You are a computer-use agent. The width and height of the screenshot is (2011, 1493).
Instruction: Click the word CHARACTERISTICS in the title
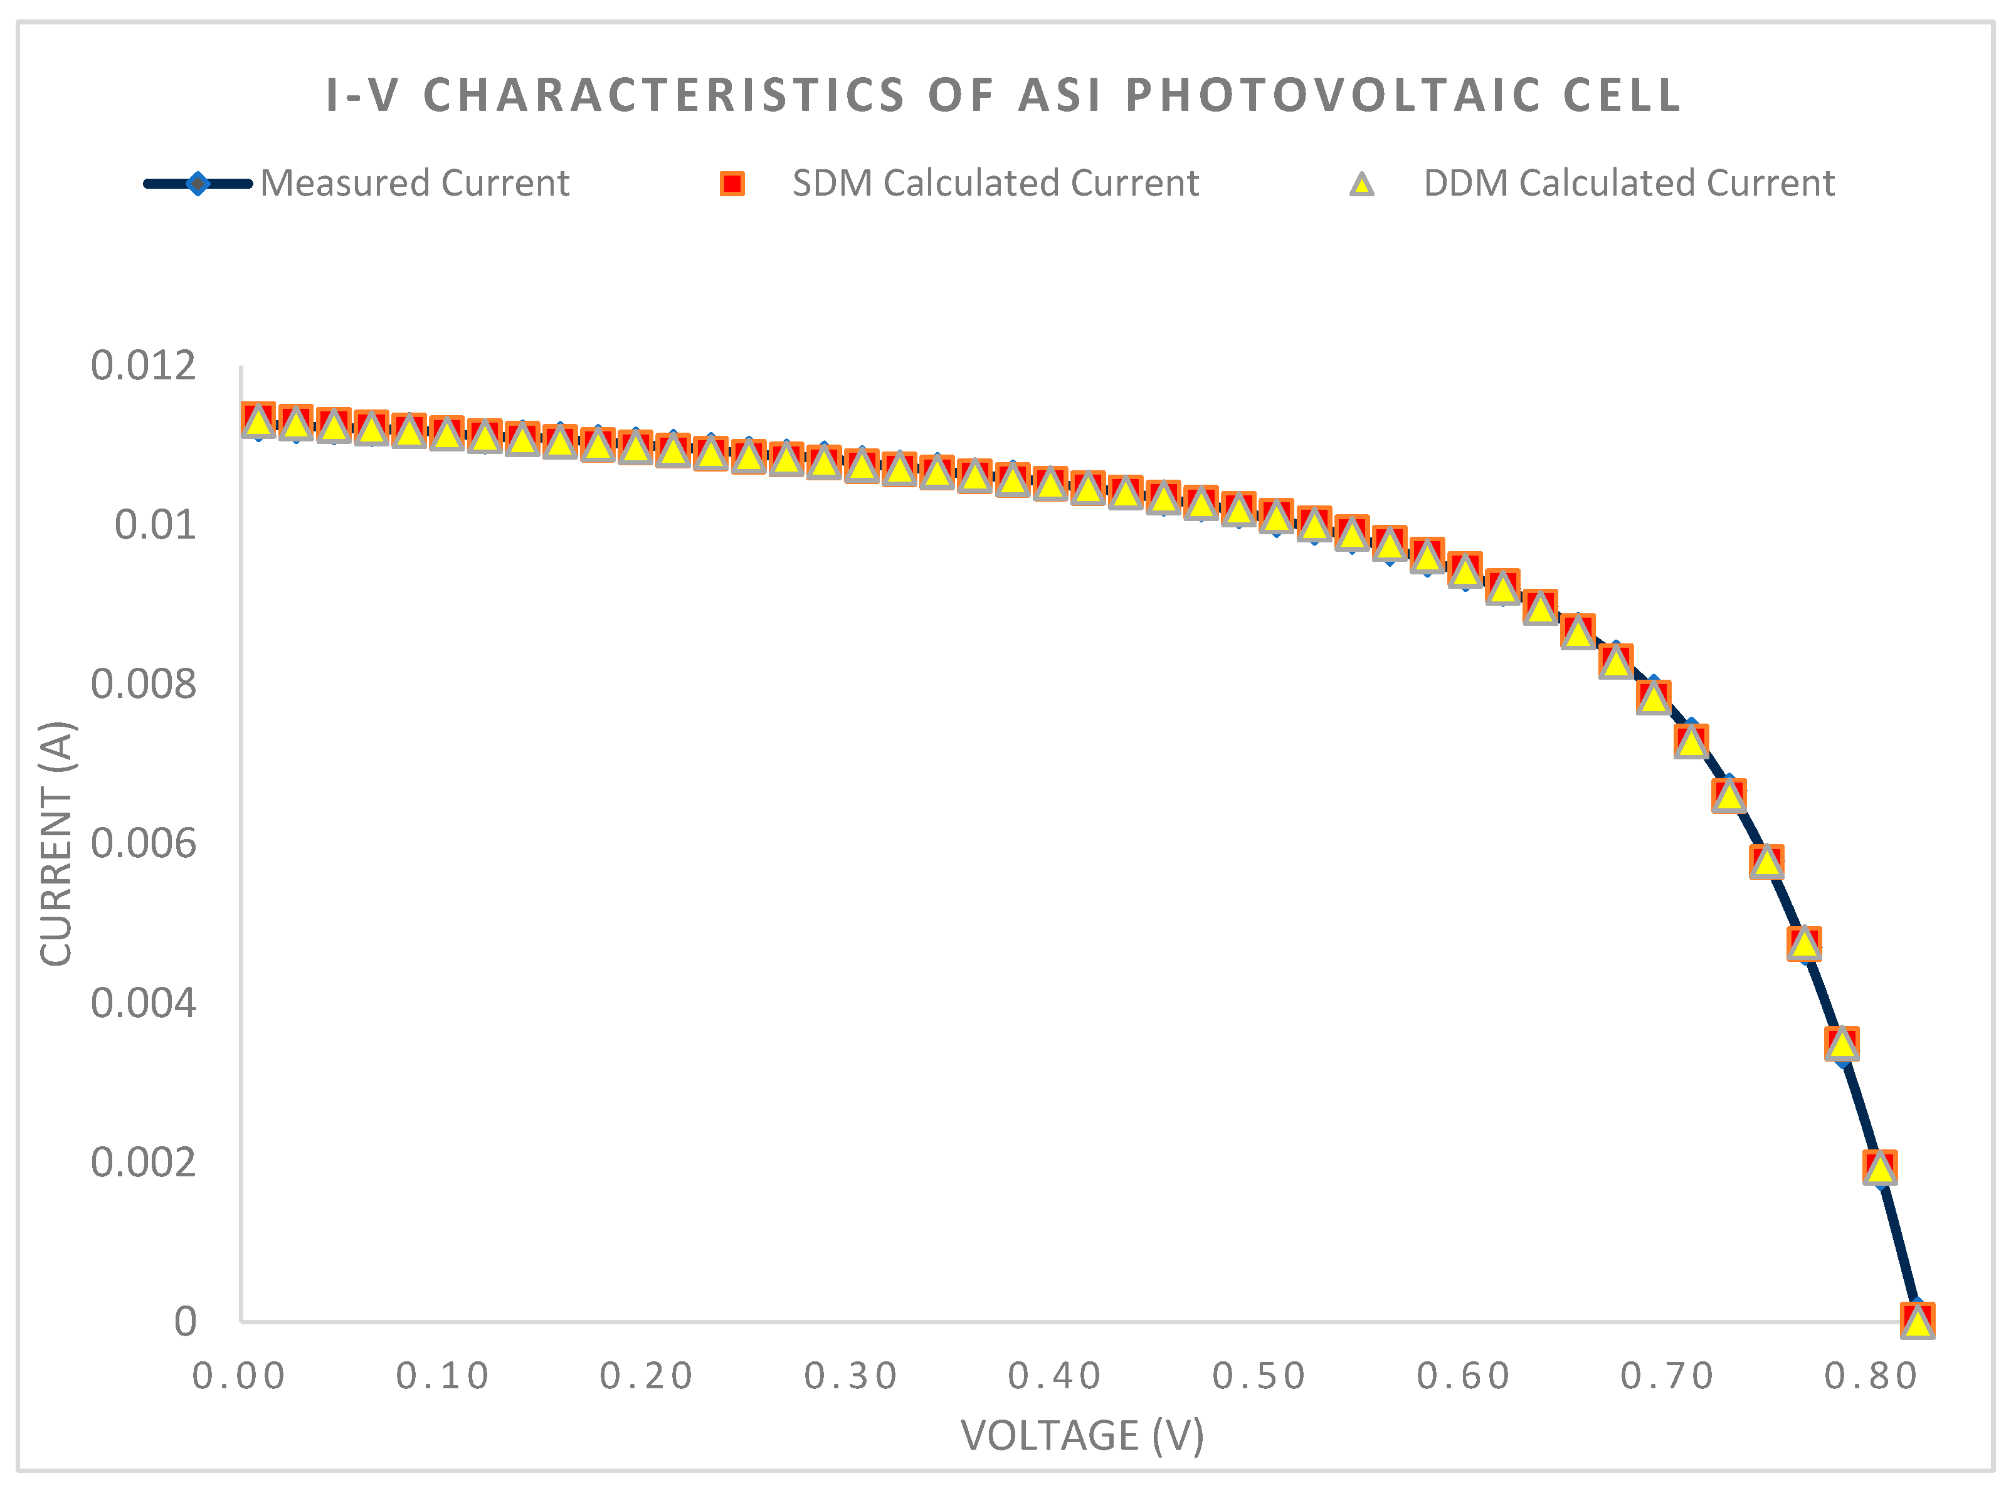[664, 95]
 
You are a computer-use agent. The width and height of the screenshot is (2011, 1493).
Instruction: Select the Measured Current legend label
[415, 184]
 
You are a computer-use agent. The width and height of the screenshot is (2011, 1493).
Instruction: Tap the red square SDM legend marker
[731, 184]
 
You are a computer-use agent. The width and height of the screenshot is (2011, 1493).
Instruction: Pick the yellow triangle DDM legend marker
[1361, 184]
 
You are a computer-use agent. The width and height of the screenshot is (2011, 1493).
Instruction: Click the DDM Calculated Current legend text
[1628, 184]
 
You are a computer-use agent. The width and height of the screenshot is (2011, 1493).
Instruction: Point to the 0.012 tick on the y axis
[143, 366]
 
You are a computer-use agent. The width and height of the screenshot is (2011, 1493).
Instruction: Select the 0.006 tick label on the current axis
[143, 843]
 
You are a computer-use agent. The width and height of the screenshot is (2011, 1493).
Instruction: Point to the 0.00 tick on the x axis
[239, 1376]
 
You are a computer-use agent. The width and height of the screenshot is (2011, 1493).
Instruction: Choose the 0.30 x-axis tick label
[850, 1376]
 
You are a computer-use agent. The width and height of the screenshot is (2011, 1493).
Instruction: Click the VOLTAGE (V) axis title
[1082, 1436]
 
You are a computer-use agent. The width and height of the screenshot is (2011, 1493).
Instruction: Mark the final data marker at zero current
[1917, 1319]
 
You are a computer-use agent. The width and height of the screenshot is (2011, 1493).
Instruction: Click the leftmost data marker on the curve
[258, 420]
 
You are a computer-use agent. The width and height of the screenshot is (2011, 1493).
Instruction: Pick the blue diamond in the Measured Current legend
[197, 184]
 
